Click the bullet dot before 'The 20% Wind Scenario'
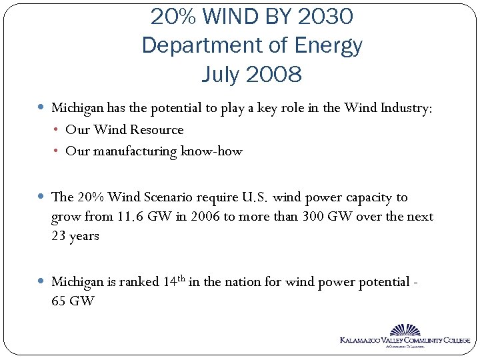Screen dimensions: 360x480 point(42,197)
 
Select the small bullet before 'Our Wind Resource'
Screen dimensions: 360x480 point(57,129)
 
